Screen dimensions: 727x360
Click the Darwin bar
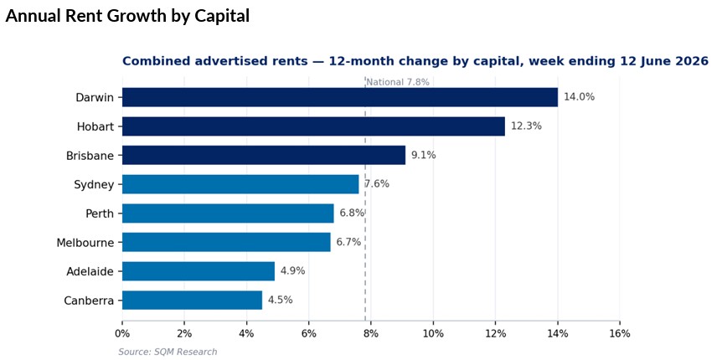coord(340,97)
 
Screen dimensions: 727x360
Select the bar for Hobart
coord(313,126)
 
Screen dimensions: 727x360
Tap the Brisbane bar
coord(264,155)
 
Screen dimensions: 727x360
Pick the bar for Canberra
coord(192,300)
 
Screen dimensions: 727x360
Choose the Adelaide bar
coord(199,271)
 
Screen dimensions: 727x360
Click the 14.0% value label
coord(579,97)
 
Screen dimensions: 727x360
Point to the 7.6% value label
coord(377,184)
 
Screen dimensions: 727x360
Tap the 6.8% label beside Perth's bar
coord(352,213)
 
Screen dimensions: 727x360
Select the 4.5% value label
coord(280,300)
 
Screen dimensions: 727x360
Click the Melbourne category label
coord(85,242)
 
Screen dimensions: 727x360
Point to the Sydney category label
coord(94,185)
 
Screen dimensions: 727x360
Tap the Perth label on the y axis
coord(100,213)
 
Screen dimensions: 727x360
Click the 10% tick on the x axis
coord(433,334)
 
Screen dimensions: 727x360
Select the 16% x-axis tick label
coord(620,334)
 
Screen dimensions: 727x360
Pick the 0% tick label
coord(122,334)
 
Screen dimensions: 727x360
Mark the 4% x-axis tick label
coord(246,334)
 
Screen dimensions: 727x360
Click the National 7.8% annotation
coord(398,83)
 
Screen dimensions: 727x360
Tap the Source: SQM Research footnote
coord(168,352)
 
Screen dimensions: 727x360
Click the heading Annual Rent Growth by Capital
coord(128,16)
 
